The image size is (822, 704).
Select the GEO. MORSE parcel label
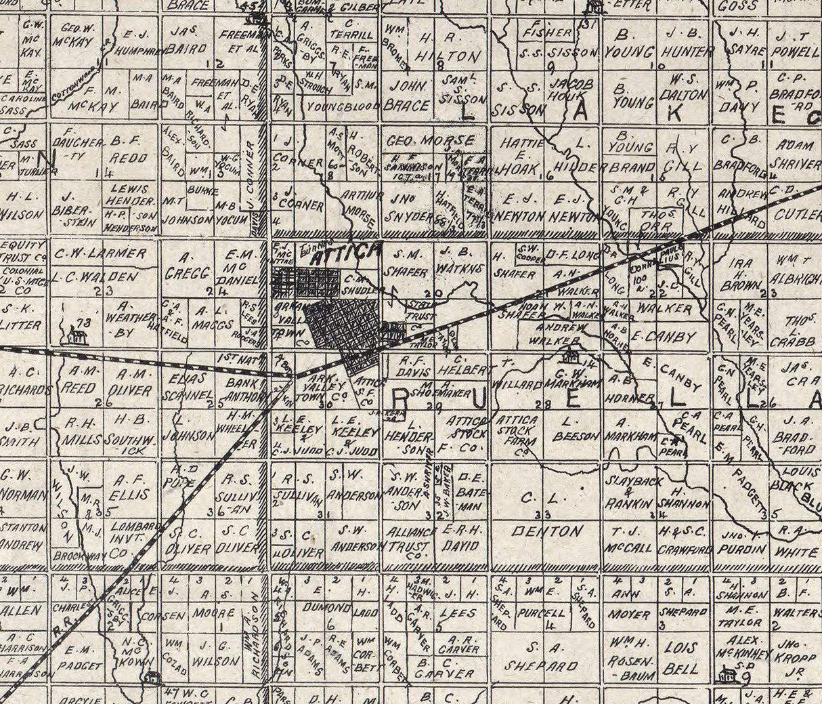click(x=431, y=141)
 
